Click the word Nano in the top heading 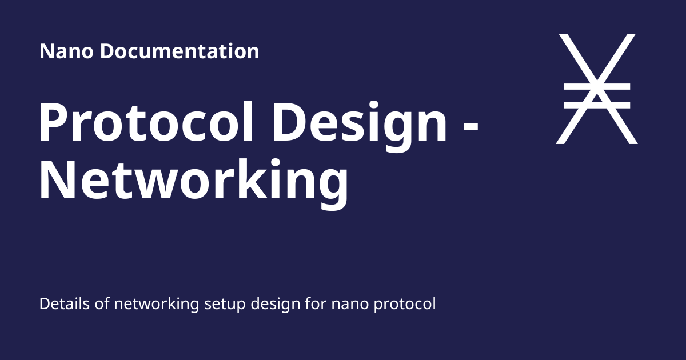66,51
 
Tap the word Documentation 180,51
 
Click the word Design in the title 360,126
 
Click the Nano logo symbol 597,89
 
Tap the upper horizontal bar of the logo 597,87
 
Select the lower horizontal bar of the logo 597,106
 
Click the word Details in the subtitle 65,304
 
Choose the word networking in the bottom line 157,305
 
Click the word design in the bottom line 276,305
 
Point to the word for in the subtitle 316,303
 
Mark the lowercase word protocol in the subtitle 405,305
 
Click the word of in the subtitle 102,303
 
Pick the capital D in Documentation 108,51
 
